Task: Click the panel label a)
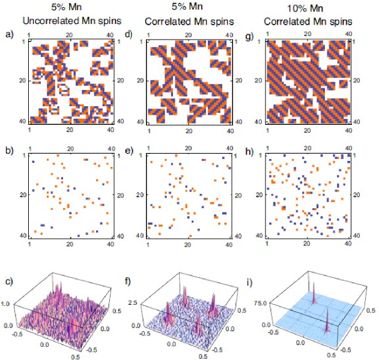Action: (8, 34)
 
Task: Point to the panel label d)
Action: (127, 34)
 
